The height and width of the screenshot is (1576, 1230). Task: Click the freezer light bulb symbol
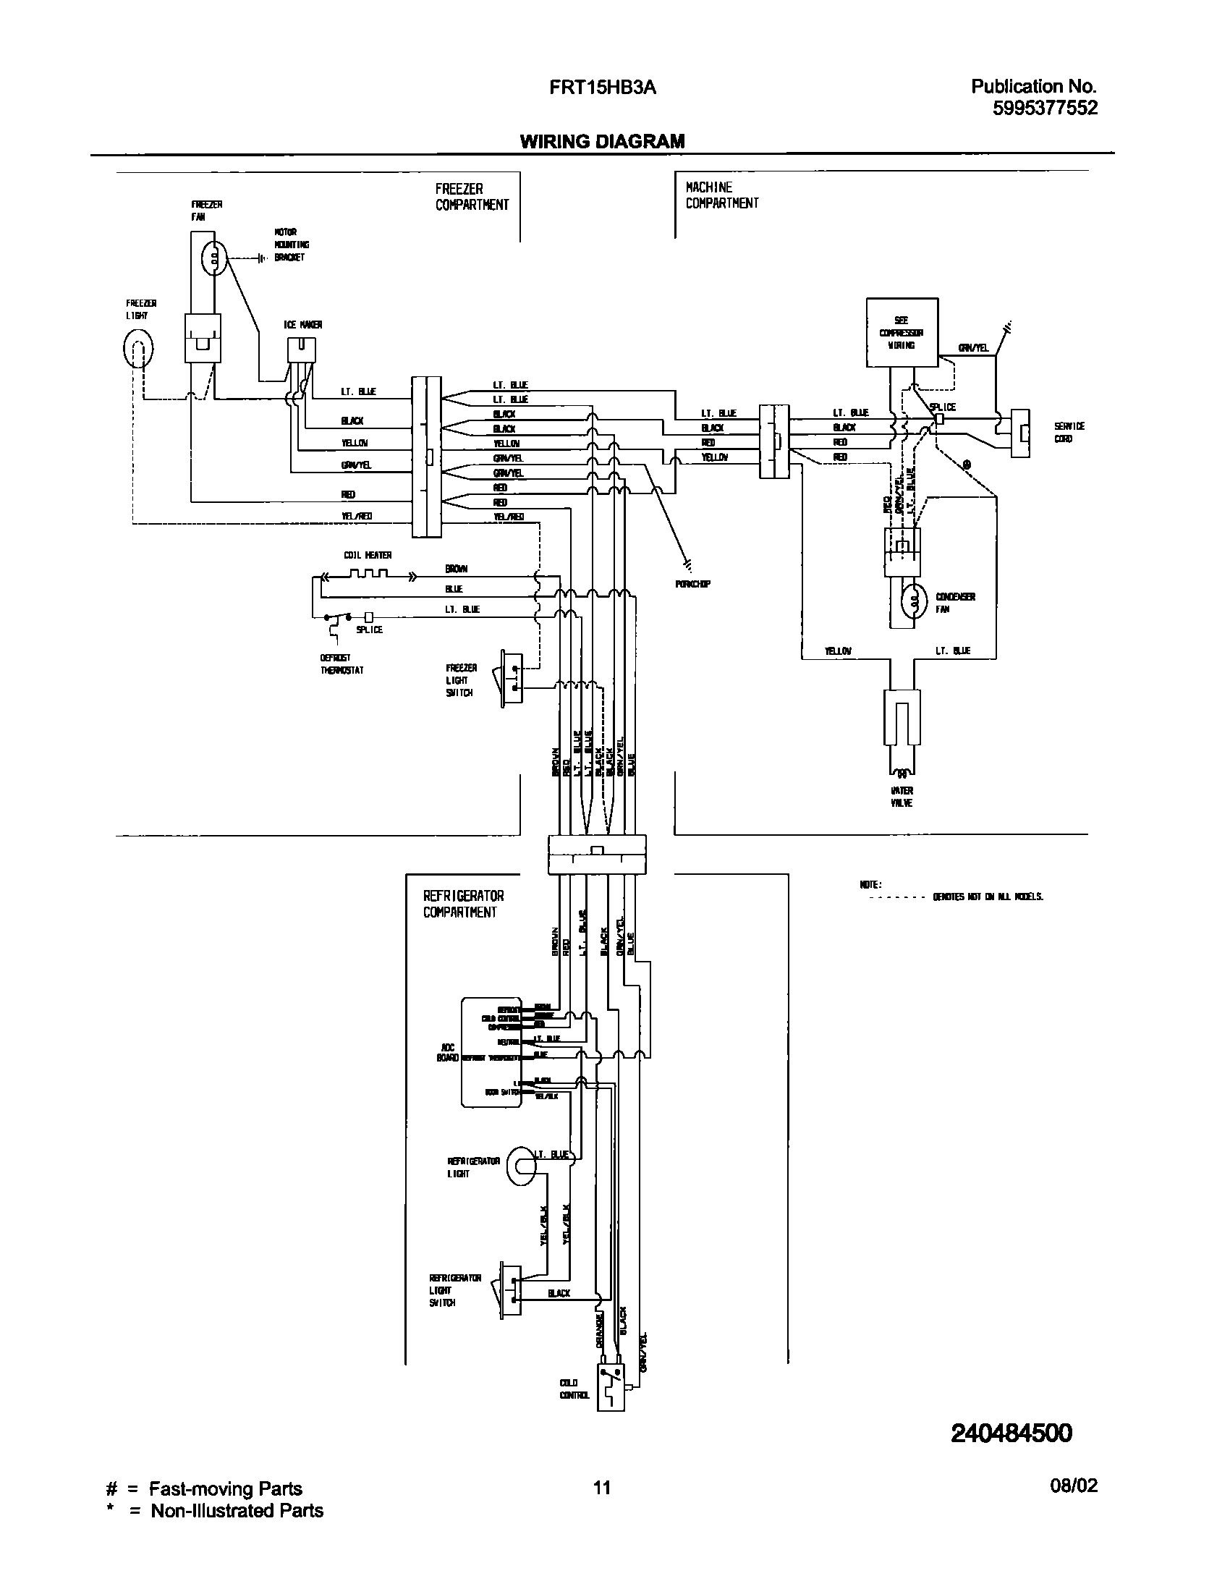tap(137, 349)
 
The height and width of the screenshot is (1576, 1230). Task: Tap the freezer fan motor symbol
tap(215, 258)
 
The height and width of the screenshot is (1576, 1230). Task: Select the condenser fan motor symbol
tap(914, 601)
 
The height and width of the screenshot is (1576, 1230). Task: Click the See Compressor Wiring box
tap(902, 332)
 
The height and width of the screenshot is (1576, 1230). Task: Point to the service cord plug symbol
tap(1019, 433)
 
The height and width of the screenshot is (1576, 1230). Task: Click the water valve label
tap(902, 797)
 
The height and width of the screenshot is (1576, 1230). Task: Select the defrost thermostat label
tap(342, 664)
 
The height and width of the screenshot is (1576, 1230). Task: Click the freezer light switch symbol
tap(511, 678)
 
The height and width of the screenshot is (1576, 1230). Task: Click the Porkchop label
tap(692, 584)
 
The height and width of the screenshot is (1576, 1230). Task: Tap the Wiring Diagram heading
tap(602, 141)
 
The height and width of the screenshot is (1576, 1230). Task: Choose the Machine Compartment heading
tap(721, 195)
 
